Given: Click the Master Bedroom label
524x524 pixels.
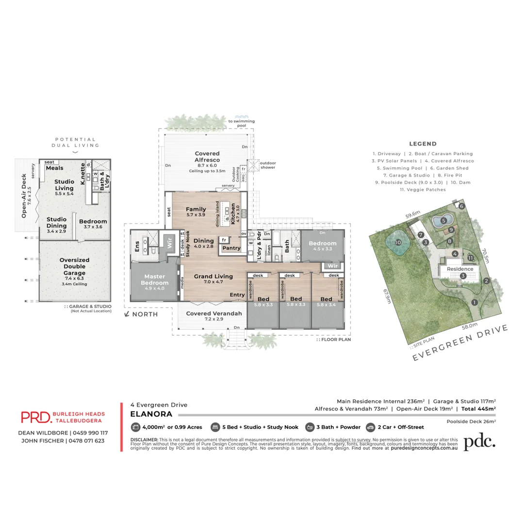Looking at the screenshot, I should tap(155, 279).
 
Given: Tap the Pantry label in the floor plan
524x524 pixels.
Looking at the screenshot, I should tap(231, 248).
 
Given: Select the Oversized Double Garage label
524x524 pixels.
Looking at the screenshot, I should tap(74, 266).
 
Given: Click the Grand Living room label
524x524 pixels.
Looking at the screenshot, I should tap(213, 276).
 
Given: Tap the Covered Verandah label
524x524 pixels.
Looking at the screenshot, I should tap(214, 313).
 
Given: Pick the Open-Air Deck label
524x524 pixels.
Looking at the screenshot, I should tap(24, 196).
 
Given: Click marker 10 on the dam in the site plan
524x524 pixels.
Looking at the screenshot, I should tap(398, 242).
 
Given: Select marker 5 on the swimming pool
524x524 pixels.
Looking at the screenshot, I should tap(443, 220).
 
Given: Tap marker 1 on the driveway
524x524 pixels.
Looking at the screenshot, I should tap(475, 302).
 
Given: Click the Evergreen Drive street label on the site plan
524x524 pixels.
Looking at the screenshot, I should tap(460, 343).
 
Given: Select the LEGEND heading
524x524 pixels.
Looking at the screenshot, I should tap(423, 144).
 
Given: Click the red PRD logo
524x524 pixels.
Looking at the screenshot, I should tap(35, 417).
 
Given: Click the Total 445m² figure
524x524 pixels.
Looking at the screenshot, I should tap(478, 409).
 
